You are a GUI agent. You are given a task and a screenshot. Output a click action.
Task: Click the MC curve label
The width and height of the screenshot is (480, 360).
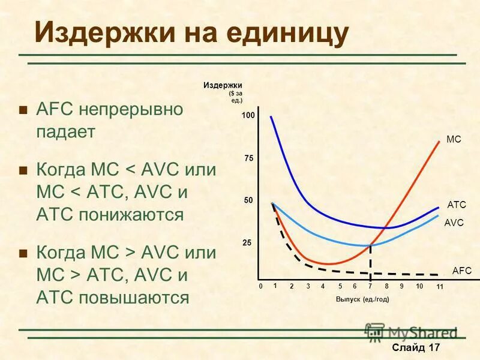[454, 139]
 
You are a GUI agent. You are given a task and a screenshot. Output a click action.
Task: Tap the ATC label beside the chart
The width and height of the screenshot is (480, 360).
[457, 205]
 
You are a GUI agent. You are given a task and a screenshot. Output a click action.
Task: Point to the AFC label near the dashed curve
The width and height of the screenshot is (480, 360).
[462, 271]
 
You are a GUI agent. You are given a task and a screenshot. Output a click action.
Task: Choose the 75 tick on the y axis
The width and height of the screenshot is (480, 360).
[250, 158]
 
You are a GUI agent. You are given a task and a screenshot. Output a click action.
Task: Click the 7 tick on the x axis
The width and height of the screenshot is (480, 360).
[370, 287]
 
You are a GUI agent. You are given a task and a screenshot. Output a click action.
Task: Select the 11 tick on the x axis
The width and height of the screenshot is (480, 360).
[439, 287]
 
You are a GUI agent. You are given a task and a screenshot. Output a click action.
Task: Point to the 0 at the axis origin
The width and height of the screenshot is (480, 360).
[262, 287]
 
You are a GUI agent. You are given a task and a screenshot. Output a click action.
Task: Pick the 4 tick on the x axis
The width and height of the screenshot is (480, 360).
[323, 287]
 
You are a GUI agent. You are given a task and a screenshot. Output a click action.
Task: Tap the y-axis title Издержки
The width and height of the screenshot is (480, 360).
[223, 86]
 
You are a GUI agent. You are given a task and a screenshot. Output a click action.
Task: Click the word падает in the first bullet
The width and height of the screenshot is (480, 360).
[66, 132]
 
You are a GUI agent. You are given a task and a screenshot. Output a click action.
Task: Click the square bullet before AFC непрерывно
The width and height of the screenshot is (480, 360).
[23, 110]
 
